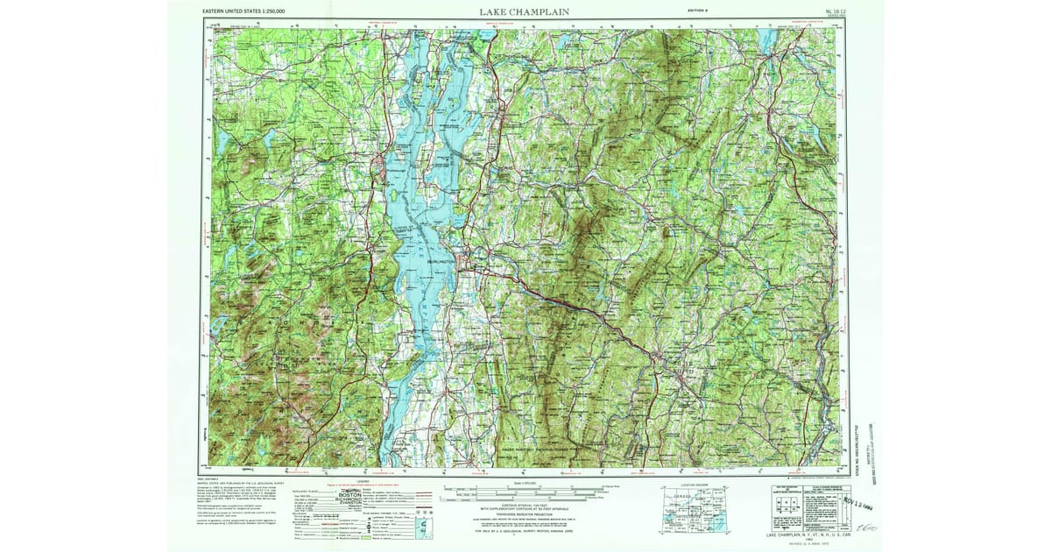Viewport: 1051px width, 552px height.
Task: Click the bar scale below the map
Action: (525, 492)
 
